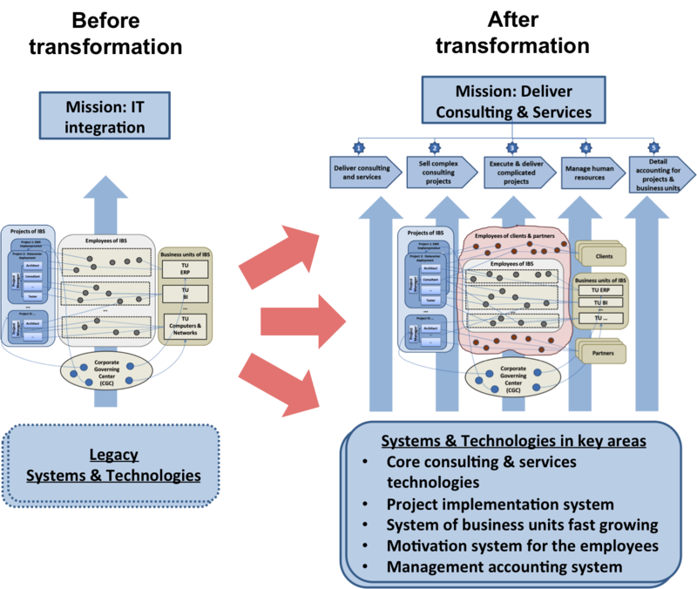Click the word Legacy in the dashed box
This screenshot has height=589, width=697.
(114, 455)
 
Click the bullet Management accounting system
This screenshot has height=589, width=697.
(504, 566)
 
